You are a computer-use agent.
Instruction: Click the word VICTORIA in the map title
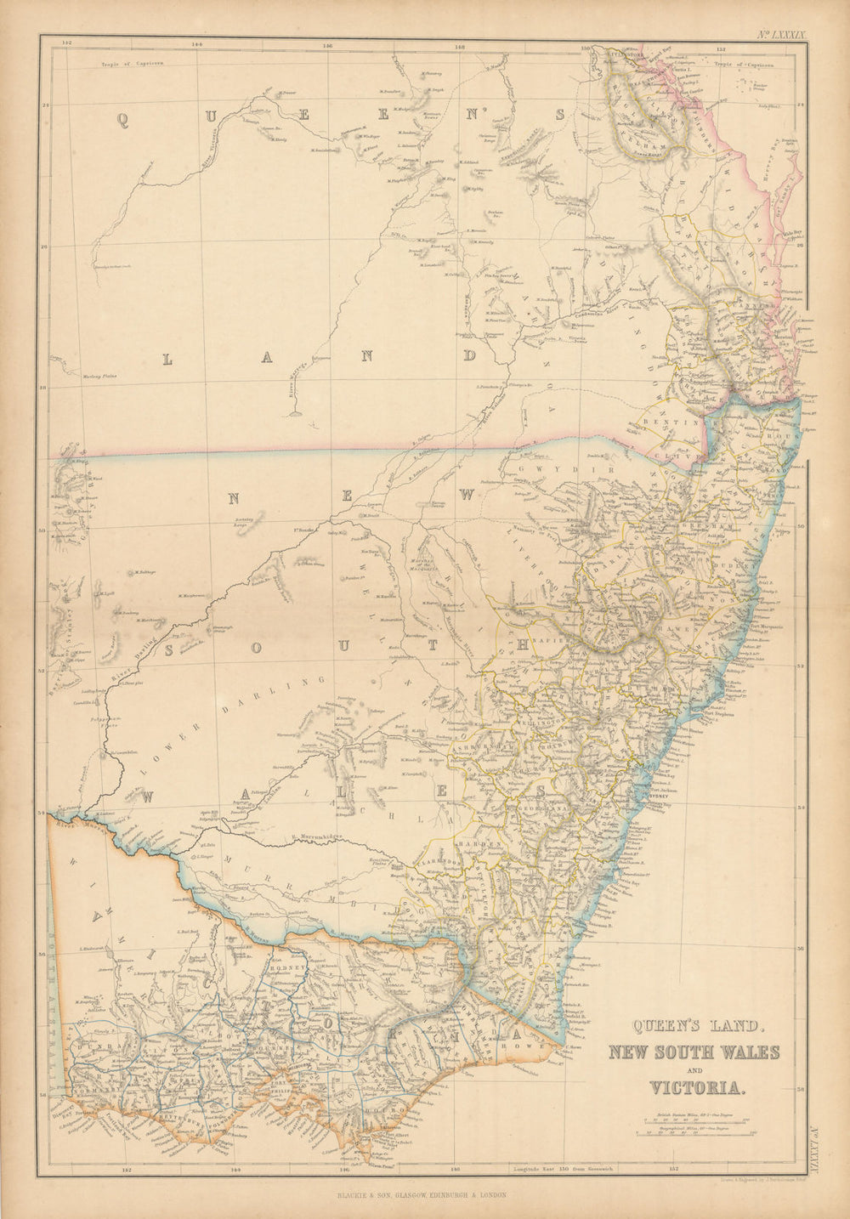(698, 1086)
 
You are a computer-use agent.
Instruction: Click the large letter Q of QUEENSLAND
(122, 122)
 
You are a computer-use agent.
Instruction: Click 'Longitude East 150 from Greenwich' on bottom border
(565, 1169)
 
